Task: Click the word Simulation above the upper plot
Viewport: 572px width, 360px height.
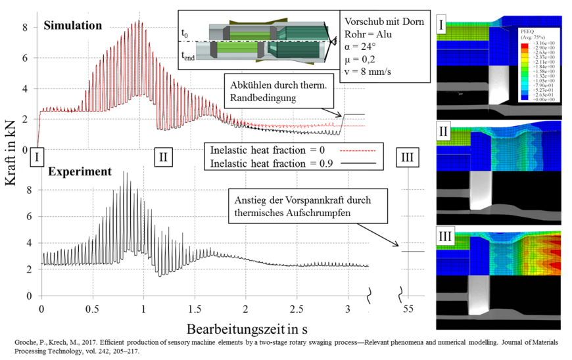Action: (73, 26)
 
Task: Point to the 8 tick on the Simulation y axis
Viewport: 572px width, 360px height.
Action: (24, 28)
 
